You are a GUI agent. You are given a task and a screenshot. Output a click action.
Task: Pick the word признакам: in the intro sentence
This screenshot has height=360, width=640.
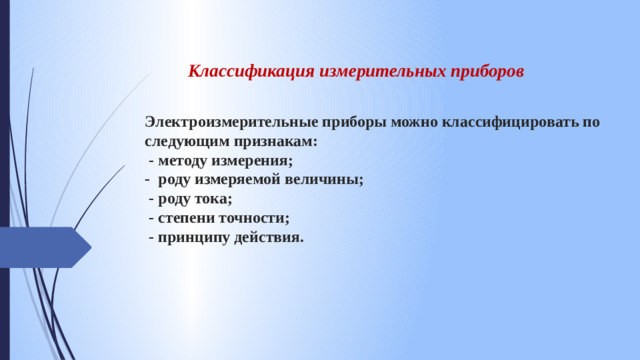(274, 142)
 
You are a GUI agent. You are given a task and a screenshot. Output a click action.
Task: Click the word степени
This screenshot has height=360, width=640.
(187, 218)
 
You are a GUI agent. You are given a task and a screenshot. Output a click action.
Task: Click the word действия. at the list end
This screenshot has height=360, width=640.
(269, 238)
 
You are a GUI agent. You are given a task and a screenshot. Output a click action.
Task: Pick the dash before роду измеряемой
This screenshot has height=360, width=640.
(147, 180)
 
